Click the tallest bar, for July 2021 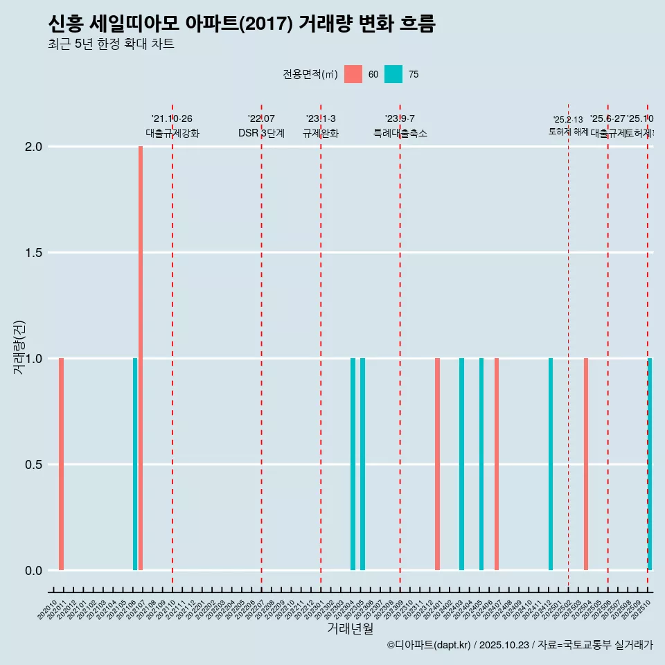coord(141,358)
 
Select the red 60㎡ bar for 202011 coord(62,464)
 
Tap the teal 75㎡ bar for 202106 coord(135,464)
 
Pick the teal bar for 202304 coord(353,464)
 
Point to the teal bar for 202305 coord(362,464)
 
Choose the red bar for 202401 coord(438,464)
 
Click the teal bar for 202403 coord(461,464)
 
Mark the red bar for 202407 coord(497,464)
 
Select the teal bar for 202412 coord(551,464)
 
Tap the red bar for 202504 coord(586,464)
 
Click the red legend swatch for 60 coord(353,74)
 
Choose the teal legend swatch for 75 coord(393,74)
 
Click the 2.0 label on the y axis coord(33,147)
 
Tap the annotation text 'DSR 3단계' coord(261,133)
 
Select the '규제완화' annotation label coord(321,133)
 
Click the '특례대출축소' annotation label coord(400,133)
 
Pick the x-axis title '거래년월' coord(350,628)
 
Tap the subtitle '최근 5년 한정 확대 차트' coord(111,44)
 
